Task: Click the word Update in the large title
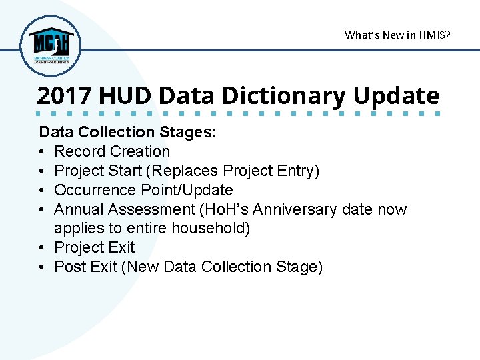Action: coord(396,96)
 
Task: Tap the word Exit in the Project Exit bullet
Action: coord(121,248)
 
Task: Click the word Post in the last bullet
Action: coord(69,267)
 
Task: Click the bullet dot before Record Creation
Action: coord(43,152)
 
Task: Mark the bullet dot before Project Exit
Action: coord(43,248)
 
